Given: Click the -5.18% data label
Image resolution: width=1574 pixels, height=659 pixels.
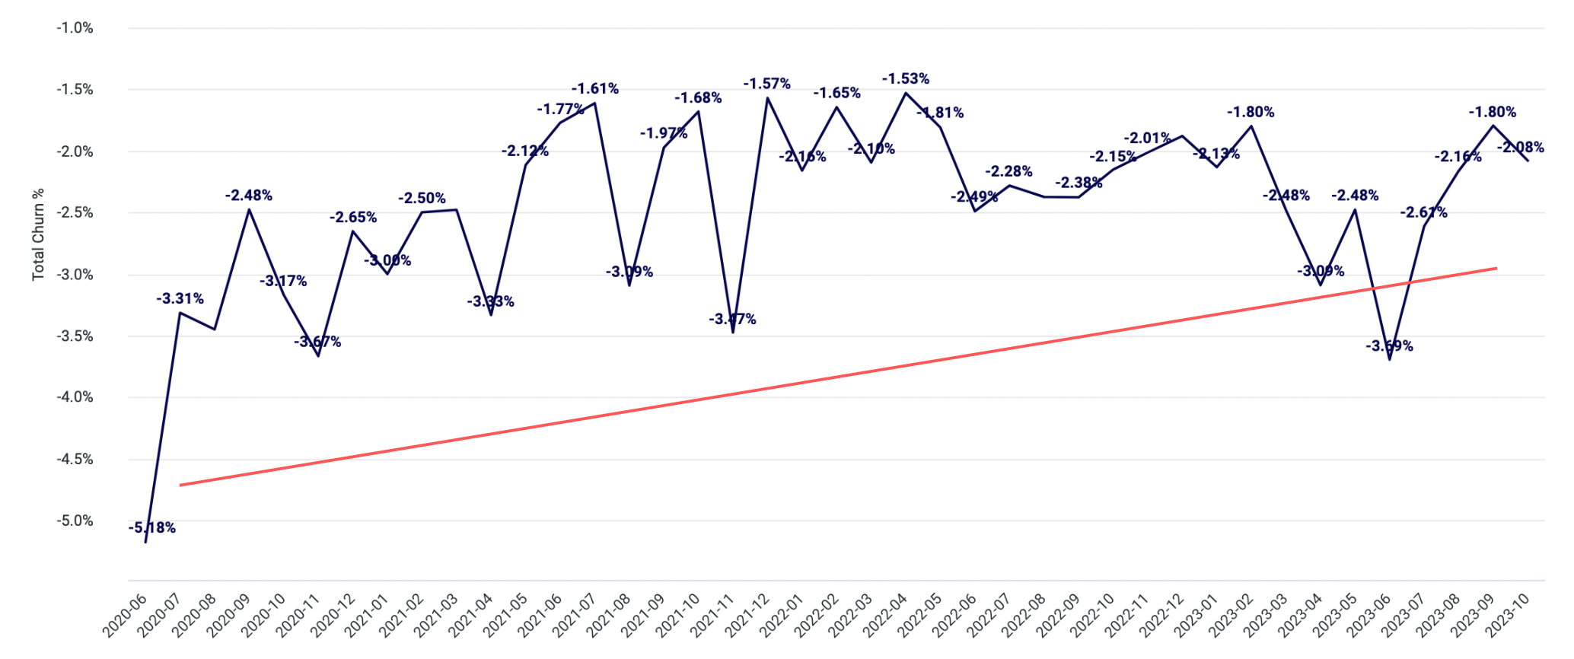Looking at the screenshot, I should click(152, 528).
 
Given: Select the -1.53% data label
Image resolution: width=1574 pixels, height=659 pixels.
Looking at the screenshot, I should click(906, 79).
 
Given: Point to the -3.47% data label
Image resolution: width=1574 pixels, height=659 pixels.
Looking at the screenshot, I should click(732, 320).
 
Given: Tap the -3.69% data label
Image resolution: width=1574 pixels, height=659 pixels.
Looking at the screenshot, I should click(1389, 347).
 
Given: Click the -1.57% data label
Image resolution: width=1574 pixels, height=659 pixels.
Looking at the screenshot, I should click(767, 84).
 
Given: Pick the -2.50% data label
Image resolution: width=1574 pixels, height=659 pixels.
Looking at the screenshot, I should click(422, 199).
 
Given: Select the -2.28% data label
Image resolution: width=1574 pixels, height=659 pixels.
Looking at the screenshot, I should click(1008, 172).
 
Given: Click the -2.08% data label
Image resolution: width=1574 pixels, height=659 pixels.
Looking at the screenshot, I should click(1521, 148).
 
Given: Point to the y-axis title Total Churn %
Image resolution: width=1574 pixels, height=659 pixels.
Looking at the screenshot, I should click(38, 234).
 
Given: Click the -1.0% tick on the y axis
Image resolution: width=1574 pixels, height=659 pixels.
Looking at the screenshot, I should click(75, 28).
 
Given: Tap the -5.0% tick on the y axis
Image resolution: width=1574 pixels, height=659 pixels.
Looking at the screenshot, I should click(75, 521).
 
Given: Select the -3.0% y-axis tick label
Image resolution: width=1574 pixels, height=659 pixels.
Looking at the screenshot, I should click(75, 275).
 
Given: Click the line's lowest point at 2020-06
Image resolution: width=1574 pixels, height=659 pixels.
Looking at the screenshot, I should click(145, 543).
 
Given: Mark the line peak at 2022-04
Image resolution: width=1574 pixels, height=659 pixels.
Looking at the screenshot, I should click(906, 93).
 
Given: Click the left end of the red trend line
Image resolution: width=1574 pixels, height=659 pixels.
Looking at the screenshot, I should click(180, 485).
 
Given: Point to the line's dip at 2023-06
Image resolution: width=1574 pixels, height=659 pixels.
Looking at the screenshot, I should click(1390, 359).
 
